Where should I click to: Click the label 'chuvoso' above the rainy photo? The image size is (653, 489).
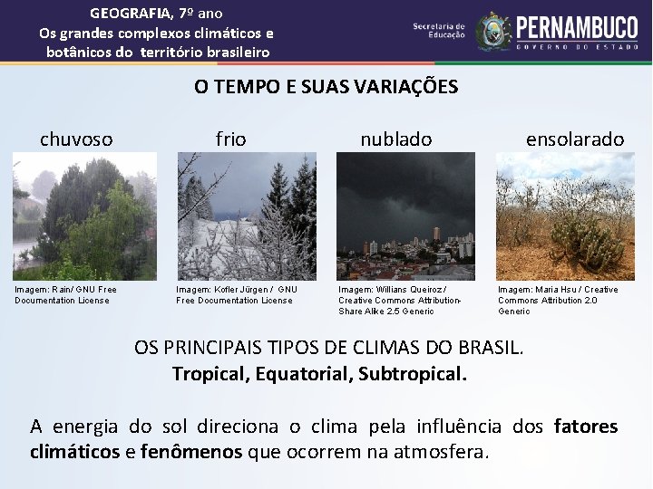point(76,139)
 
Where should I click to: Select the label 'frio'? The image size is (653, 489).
point(230,139)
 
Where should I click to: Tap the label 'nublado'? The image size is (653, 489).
point(396,139)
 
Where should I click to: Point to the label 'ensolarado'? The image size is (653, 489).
point(575,139)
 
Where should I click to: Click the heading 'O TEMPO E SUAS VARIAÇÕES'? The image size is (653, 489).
point(326,87)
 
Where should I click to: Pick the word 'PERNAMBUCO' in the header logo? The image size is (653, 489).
point(577,25)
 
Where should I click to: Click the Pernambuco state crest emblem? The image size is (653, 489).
point(493,31)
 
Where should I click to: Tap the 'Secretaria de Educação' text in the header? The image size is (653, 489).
point(439,31)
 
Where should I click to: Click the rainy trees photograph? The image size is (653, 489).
point(83,216)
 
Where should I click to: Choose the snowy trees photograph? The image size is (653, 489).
point(246,216)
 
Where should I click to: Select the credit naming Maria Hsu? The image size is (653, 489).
point(557,290)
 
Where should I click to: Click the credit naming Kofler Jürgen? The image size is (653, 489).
point(236,290)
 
